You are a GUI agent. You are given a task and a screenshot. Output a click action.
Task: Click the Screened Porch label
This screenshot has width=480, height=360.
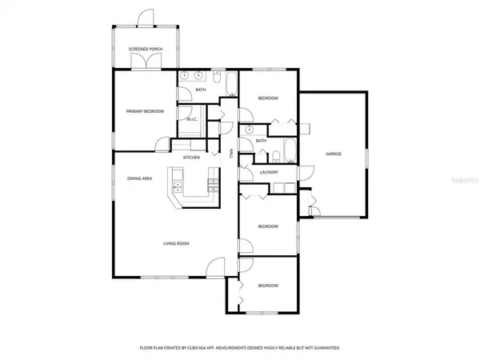[x=145, y=50]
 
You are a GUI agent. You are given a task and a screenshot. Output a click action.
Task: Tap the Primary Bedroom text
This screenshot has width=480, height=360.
[x=145, y=111]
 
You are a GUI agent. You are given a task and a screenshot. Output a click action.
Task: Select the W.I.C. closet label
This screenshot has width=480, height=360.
[x=192, y=119]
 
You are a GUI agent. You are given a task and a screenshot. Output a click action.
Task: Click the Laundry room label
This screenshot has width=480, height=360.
[x=269, y=171]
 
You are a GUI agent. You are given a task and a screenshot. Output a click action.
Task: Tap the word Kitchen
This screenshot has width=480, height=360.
[x=191, y=158]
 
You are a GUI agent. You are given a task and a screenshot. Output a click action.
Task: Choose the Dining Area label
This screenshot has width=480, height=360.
[x=140, y=178]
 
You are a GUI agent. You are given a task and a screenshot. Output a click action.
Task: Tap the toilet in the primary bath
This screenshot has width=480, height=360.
[x=215, y=77]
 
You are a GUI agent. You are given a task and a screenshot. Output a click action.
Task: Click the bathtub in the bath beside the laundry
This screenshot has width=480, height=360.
[x=290, y=151]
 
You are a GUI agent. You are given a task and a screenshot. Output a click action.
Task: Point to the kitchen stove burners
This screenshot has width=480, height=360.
[x=212, y=186]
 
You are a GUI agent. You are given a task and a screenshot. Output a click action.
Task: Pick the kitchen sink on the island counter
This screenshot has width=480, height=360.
[x=174, y=189]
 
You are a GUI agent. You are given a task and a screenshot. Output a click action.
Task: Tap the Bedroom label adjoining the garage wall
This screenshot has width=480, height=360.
[x=267, y=98]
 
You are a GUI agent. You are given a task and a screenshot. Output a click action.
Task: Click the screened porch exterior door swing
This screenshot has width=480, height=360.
[x=145, y=17]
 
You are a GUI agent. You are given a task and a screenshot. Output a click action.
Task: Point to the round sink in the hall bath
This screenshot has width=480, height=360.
[x=250, y=128]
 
